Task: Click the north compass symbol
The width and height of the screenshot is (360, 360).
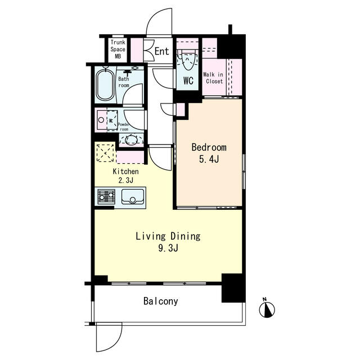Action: click(267, 309)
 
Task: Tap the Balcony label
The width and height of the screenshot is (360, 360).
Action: click(161, 301)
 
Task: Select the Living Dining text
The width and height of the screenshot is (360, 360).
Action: click(168, 236)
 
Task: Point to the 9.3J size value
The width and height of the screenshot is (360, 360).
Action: click(168, 248)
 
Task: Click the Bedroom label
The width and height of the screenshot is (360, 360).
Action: click(209, 147)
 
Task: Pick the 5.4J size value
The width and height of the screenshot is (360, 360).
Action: click(209, 159)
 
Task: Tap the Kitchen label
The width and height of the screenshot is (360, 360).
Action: click(125, 171)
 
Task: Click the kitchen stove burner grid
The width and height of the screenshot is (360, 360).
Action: click(106, 196)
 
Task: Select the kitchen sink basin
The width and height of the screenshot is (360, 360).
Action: click(133, 196)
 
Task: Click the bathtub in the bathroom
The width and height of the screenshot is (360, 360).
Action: click(105, 84)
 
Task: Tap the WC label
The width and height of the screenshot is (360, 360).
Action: click(188, 80)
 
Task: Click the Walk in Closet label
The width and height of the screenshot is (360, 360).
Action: click(213, 78)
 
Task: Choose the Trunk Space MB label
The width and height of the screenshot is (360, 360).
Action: click(118, 49)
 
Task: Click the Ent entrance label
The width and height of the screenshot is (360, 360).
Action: click(161, 51)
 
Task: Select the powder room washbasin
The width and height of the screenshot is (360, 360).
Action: click(131, 139)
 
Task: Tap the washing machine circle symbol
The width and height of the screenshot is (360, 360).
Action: click(101, 120)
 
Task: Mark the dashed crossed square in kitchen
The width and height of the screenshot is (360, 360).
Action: click(105, 153)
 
